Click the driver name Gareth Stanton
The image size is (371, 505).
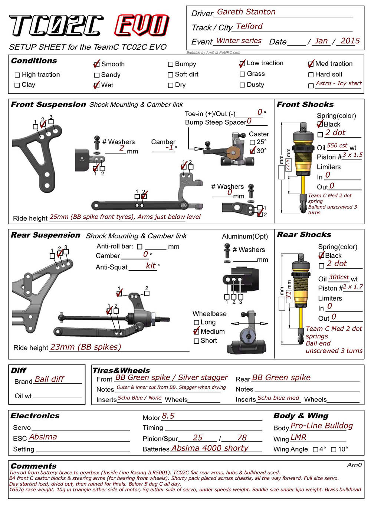(246, 12)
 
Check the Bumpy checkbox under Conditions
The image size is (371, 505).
(171, 65)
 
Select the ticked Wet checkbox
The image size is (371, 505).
(96, 86)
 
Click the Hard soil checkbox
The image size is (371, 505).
(311, 75)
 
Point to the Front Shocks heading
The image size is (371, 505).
(305, 105)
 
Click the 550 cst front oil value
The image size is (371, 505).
(337, 146)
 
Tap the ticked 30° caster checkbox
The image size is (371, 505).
(253, 151)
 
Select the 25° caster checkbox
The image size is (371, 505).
(253, 142)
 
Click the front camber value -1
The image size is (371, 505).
(169, 148)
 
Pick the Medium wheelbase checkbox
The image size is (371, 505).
(197, 331)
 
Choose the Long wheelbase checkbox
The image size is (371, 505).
(197, 323)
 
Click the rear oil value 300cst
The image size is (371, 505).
(339, 277)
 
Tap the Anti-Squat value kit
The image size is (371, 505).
(151, 265)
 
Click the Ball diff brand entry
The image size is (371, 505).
(49, 379)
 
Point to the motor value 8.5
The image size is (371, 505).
(168, 416)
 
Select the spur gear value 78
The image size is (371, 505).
(242, 438)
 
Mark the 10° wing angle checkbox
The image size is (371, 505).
(334, 450)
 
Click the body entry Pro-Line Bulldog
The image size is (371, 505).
(321, 426)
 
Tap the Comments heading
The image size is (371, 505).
(34, 466)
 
